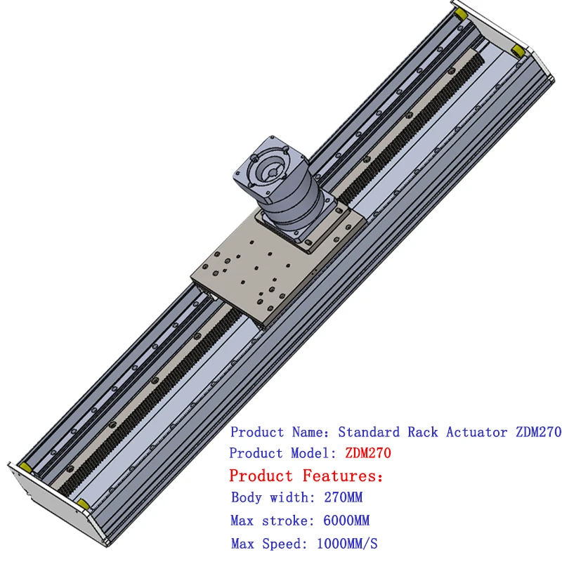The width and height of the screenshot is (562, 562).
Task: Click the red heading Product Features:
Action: tap(307, 476)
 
